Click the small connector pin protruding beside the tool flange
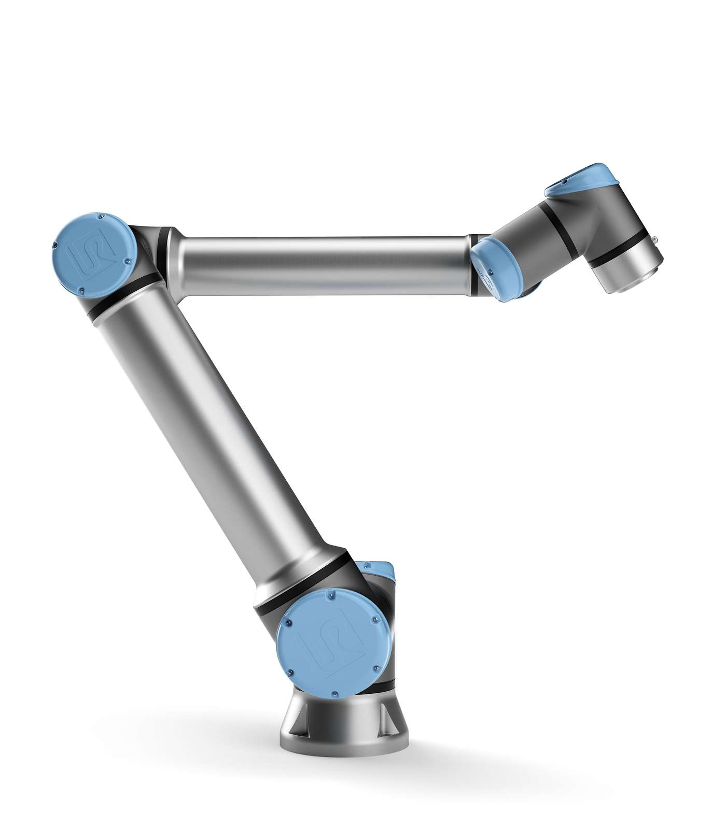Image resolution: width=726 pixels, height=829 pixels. pyautogui.click(x=657, y=239)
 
